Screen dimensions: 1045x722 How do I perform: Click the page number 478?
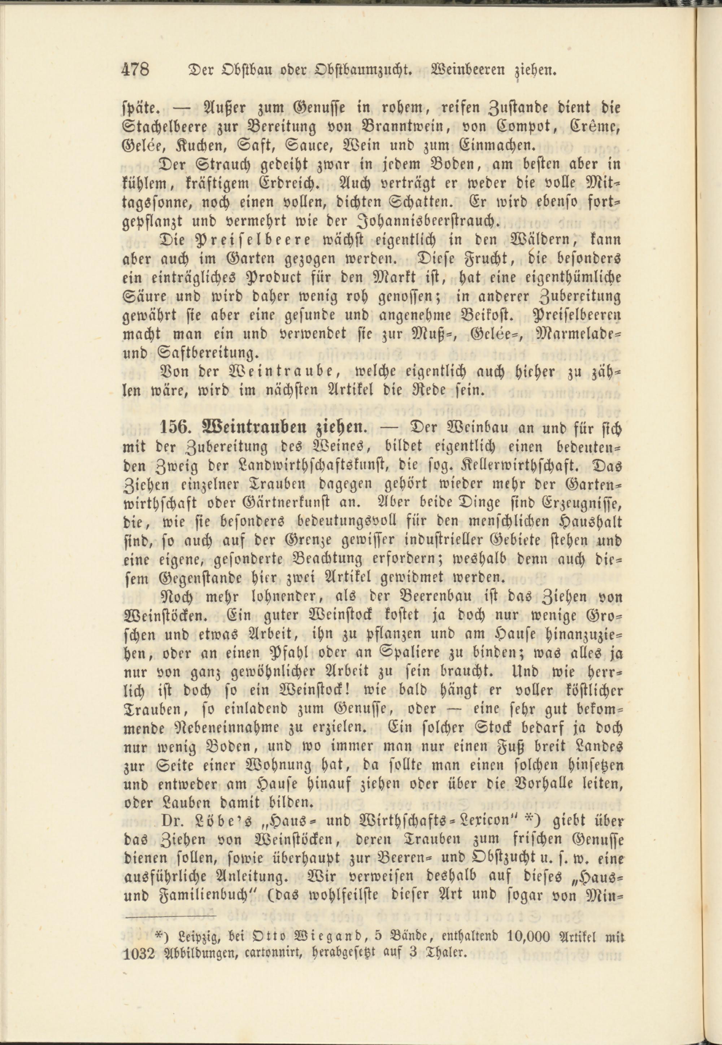pos(136,70)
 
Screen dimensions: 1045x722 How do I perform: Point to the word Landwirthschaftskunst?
pos(298,465)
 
